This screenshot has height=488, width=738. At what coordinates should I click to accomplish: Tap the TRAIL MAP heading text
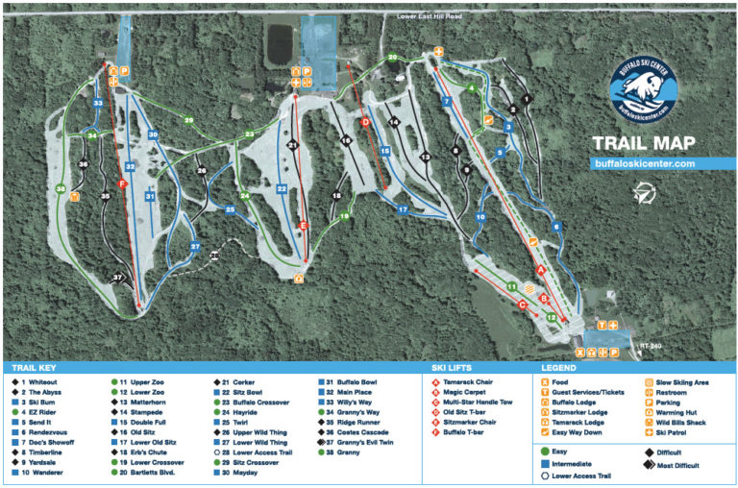click(643, 144)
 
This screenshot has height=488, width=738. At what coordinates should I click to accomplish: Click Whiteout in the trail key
click(40, 382)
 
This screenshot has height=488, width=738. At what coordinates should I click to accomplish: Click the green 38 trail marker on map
click(61, 189)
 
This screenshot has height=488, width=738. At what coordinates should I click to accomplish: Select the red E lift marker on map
click(304, 225)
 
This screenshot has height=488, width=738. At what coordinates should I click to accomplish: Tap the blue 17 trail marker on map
click(404, 208)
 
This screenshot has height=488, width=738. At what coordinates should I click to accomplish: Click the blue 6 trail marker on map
click(554, 227)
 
